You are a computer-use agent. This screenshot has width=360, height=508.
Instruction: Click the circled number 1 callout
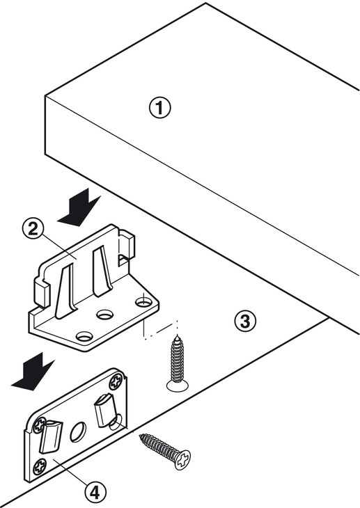(x=159, y=108)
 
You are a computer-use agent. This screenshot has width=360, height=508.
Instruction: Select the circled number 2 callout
(x=33, y=230)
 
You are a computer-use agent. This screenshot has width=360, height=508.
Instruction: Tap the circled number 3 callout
(x=245, y=322)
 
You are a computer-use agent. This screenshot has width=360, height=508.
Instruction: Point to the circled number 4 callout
(x=95, y=493)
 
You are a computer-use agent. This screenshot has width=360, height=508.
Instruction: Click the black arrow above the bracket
(x=78, y=208)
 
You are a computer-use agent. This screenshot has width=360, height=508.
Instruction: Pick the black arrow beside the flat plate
(x=32, y=372)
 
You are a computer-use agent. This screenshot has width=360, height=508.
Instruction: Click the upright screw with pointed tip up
(x=178, y=363)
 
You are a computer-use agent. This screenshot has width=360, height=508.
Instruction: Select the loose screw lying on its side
(x=166, y=450)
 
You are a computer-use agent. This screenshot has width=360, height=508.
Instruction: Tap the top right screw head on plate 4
(x=116, y=381)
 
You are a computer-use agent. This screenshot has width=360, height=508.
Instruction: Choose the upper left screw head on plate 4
(x=39, y=425)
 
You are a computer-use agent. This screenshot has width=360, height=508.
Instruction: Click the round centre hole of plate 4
(x=78, y=432)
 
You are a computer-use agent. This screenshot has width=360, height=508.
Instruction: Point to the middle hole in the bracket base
(x=104, y=315)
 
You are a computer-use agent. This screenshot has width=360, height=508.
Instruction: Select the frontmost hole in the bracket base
(x=85, y=337)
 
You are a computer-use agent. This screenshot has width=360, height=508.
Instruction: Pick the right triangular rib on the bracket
(x=102, y=271)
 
